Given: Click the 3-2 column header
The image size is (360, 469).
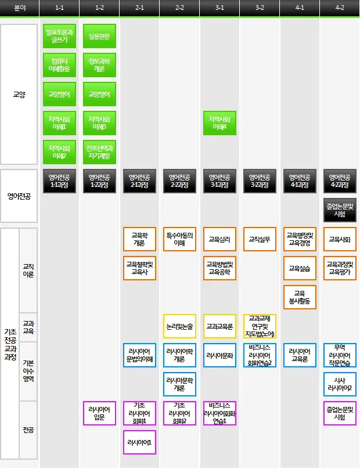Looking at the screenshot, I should tap(260, 8).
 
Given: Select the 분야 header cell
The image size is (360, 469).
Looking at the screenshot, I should tap(19, 8).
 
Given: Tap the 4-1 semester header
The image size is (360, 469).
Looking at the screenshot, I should tap(300, 8).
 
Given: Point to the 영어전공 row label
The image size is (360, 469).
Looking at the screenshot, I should tap(19, 196).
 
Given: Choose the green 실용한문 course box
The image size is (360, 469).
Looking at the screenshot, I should tap(99, 36).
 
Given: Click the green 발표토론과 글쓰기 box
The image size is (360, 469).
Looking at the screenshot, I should tap(59, 36).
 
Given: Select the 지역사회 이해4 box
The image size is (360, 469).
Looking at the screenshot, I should tap(219, 122).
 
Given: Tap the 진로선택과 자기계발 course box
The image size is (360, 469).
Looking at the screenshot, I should tap(99, 151).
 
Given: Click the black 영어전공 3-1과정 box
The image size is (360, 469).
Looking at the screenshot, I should tap(219, 181).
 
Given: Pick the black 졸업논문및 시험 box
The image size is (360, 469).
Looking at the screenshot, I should tap(340, 210).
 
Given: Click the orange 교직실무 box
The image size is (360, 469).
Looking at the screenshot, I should tap(260, 239).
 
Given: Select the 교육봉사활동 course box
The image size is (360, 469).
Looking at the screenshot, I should tap(300, 297).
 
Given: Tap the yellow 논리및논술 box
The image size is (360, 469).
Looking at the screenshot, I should tap(179, 326).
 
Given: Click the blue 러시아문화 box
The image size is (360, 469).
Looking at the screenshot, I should tap(219, 355).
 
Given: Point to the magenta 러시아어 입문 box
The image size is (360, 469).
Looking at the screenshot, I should tap(99, 413).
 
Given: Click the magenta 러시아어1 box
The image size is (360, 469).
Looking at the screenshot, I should tap(139, 442).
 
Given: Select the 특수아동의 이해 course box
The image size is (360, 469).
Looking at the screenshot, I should tap(179, 239).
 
